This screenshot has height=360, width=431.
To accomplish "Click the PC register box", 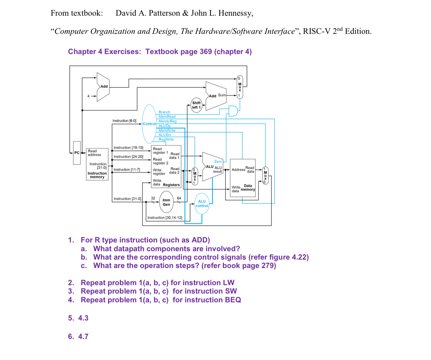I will (77, 153).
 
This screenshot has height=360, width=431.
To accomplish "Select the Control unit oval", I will (149, 124).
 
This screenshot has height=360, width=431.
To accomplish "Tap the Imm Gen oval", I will (166, 202).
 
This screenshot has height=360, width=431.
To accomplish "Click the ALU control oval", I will (202, 204).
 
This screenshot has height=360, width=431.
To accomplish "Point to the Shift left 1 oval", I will (196, 105).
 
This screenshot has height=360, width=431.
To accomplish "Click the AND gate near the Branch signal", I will (233, 110).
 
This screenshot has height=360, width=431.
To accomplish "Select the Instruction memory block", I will (97, 164).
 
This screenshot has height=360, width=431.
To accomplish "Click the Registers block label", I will (171, 185).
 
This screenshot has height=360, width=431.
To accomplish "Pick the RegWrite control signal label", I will (166, 139).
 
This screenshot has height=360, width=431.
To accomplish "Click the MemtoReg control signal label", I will (167, 121).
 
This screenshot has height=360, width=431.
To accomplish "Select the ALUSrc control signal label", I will (165, 135).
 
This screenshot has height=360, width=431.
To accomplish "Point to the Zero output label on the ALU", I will (218, 162).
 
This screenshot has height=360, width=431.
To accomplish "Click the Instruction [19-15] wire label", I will (128, 148).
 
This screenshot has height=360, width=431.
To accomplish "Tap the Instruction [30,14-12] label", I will (165, 218).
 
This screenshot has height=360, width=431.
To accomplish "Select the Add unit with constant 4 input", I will (103, 87).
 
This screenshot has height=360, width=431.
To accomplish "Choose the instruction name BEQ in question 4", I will (233, 300).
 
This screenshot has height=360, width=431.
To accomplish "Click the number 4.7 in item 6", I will (83, 336).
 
